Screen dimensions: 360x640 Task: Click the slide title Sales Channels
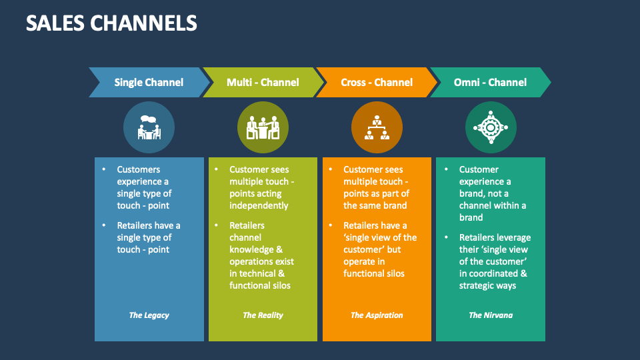point(111,23)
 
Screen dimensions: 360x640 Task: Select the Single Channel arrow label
point(149,83)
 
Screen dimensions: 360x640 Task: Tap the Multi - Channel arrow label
point(263,83)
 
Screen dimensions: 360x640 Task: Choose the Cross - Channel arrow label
point(377,83)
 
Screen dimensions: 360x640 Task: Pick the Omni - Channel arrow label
point(490,83)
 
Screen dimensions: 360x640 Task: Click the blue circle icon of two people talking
point(149,127)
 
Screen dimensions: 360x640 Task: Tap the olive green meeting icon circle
point(263,127)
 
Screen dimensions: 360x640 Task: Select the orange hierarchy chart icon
point(377,127)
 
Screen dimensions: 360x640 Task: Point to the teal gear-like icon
point(491,127)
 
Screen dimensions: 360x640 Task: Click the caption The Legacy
point(149,315)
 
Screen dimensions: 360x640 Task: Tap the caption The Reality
point(263,315)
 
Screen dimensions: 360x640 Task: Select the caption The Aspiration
point(377,315)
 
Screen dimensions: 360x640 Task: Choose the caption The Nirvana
point(491,315)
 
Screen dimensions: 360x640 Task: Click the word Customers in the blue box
point(139,169)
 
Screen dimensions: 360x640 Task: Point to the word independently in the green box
point(259,205)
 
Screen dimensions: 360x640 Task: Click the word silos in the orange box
point(393,273)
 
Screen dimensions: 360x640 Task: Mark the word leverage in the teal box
point(515,237)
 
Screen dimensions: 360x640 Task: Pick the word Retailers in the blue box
point(137,225)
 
